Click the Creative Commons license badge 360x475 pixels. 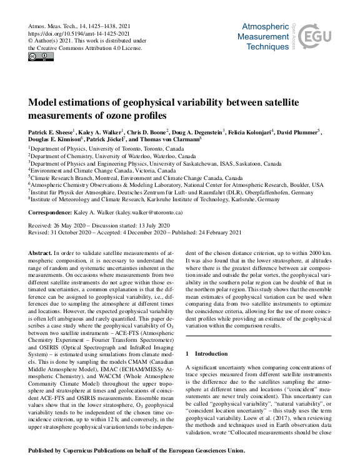41,57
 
